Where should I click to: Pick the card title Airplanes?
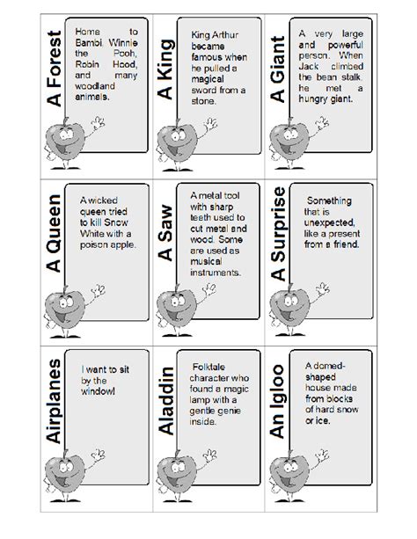pyautogui.click(x=55, y=404)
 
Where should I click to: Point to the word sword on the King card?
pyautogui.click(x=203, y=78)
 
